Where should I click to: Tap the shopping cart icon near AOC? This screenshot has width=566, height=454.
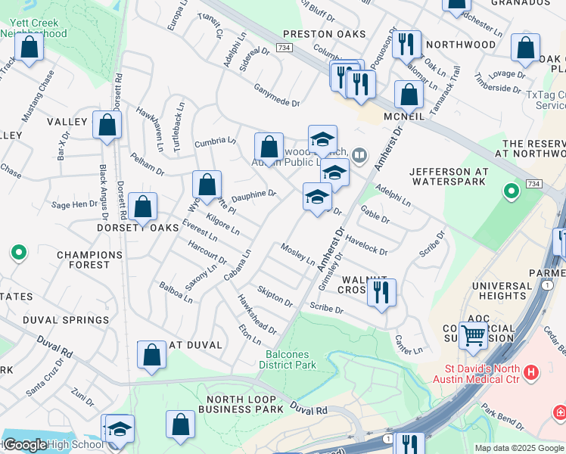[x=474, y=334]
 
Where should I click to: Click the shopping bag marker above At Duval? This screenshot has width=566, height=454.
[x=151, y=355]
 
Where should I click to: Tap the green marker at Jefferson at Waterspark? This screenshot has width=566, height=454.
[x=512, y=191]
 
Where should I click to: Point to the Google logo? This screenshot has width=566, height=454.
[x=25, y=445]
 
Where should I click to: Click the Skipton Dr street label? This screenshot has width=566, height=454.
[x=275, y=296]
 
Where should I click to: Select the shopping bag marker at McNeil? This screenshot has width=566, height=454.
[x=409, y=95]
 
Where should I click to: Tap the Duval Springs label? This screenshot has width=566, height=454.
[x=66, y=320]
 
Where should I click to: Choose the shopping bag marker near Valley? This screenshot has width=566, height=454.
[x=107, y=124]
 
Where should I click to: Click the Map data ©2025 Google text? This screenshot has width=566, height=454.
[x=518, y=448]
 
